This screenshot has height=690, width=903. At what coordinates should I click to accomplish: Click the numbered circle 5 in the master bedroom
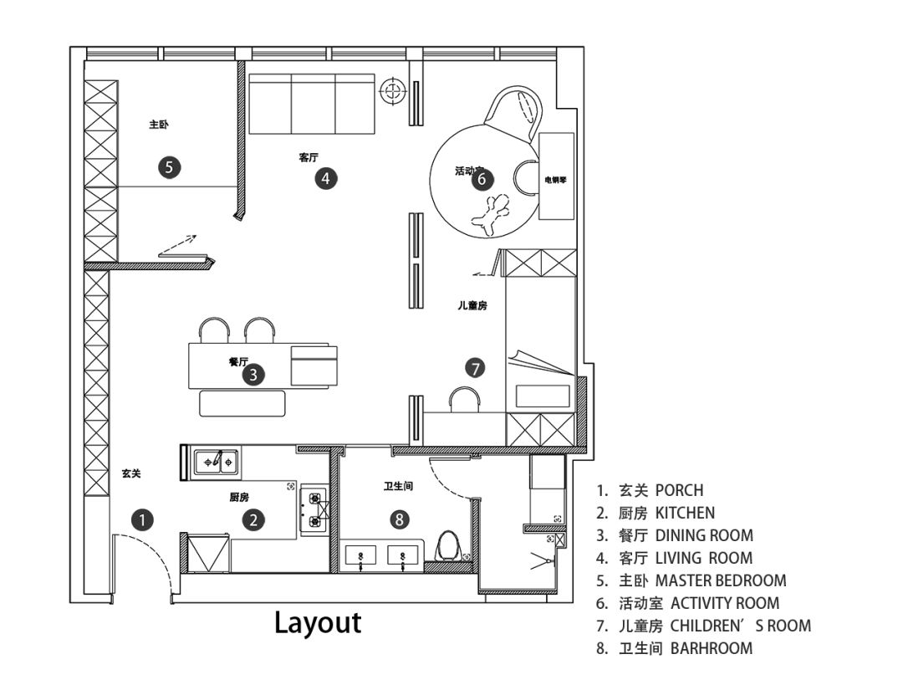point(169,167)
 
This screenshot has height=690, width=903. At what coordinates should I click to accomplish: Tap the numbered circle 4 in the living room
point(326,178)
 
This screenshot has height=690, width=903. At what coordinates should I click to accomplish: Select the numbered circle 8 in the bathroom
point(400,519)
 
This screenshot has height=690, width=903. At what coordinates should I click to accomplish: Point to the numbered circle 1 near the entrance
point(142,520)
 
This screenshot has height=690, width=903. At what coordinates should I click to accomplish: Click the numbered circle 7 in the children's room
point(475,368)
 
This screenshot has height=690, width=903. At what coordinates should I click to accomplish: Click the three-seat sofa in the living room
point(312,104)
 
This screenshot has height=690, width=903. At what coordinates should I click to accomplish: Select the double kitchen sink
point(217,462)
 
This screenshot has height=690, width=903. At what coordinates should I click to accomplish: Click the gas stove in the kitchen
point(315,509)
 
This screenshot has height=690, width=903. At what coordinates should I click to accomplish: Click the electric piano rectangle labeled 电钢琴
point(556,176)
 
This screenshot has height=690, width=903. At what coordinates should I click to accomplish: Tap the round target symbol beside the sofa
point(393,91)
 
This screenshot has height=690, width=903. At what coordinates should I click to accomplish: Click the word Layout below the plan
point(318,622)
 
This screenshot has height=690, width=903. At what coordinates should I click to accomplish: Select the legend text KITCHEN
point(685,514)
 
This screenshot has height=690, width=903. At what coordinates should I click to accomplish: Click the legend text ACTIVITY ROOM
point(724,604)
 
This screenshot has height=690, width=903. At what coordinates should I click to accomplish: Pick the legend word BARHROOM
point(712,648)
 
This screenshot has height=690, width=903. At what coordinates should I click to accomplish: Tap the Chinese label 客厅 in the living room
point(309,156)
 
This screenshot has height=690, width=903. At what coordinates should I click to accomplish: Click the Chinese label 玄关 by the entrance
point(131,473)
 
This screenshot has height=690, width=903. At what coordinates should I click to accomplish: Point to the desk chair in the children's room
point(464,399)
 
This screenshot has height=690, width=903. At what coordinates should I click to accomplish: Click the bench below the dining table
point(242,403)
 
